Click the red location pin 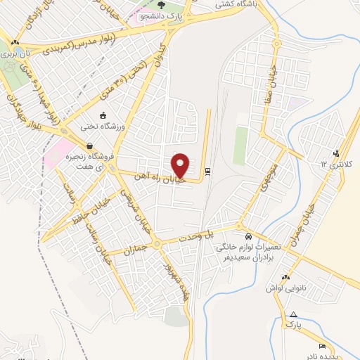coord(181,165)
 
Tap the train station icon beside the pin coord(208,171)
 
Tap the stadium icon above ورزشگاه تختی coord(103,115)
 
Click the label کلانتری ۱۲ coord(335,164)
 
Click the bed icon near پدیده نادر coord(322,346)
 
